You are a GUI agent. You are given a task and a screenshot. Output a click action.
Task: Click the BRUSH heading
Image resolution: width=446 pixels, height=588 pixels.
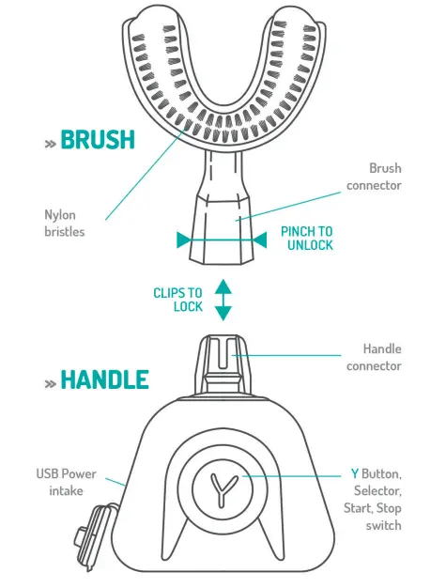(x=98, y=140)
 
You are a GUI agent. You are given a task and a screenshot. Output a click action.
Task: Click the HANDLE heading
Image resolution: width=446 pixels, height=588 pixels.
(x=104, y=379)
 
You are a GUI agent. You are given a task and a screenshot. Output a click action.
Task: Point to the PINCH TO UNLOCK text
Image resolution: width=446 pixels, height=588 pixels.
(x=307, y=238)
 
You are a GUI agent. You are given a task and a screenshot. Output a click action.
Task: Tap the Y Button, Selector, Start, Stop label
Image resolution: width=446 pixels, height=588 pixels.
(x=375, y=499)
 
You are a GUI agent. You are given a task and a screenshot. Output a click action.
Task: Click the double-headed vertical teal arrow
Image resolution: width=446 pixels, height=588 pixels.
(x=223, y=301)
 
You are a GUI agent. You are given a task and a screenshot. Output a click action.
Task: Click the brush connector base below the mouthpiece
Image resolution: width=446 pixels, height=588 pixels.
(x=222, y=230)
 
